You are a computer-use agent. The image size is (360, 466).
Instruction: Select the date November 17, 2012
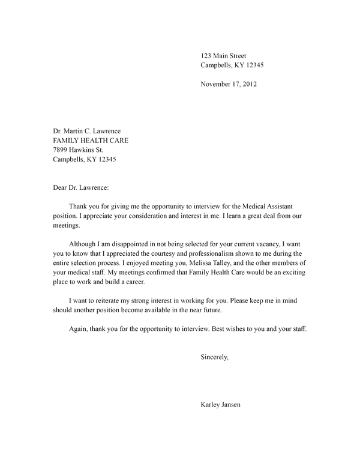click(x=229, y=84)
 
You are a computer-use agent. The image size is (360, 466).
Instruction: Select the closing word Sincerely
click(x=214, y=358)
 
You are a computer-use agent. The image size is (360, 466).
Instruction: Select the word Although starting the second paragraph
click(x=84, y=246)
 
